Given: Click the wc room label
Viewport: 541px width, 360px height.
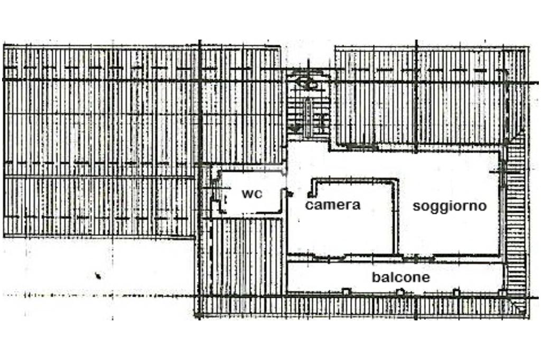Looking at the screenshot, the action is click(x=251, y=194).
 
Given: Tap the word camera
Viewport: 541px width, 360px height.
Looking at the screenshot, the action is click(x=332, y=205).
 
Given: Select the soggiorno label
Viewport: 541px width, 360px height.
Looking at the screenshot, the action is click(x=449, y=206).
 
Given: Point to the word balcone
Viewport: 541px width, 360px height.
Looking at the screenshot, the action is click(x=400, y=277).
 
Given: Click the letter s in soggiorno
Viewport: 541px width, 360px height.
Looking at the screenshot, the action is click(x=416, y=206).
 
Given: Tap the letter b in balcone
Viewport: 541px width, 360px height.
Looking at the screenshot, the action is click(x=375, y=277).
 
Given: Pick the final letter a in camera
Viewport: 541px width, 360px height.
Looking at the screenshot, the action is click(x=357, y=205).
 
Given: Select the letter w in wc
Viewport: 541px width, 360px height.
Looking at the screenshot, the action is click(x=247, y=194).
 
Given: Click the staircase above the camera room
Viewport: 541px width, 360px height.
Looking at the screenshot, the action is click(x=309, y=108).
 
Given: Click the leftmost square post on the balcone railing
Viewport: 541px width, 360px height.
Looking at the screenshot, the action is click(x=346, y=291).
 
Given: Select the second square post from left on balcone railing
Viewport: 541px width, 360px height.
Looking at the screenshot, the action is click(x=401, y=291).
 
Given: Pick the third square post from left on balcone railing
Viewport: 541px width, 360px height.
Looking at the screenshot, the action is click(x=456, y=291).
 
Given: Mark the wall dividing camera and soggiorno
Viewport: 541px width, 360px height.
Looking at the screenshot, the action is click(x=394, y=216).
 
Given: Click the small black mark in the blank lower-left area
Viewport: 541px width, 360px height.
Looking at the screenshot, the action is click(x=98, y=275).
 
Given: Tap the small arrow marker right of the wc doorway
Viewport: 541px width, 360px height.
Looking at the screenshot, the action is click(x=290, y=194).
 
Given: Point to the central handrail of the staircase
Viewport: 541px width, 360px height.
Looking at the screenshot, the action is click(x=308, y=113).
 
